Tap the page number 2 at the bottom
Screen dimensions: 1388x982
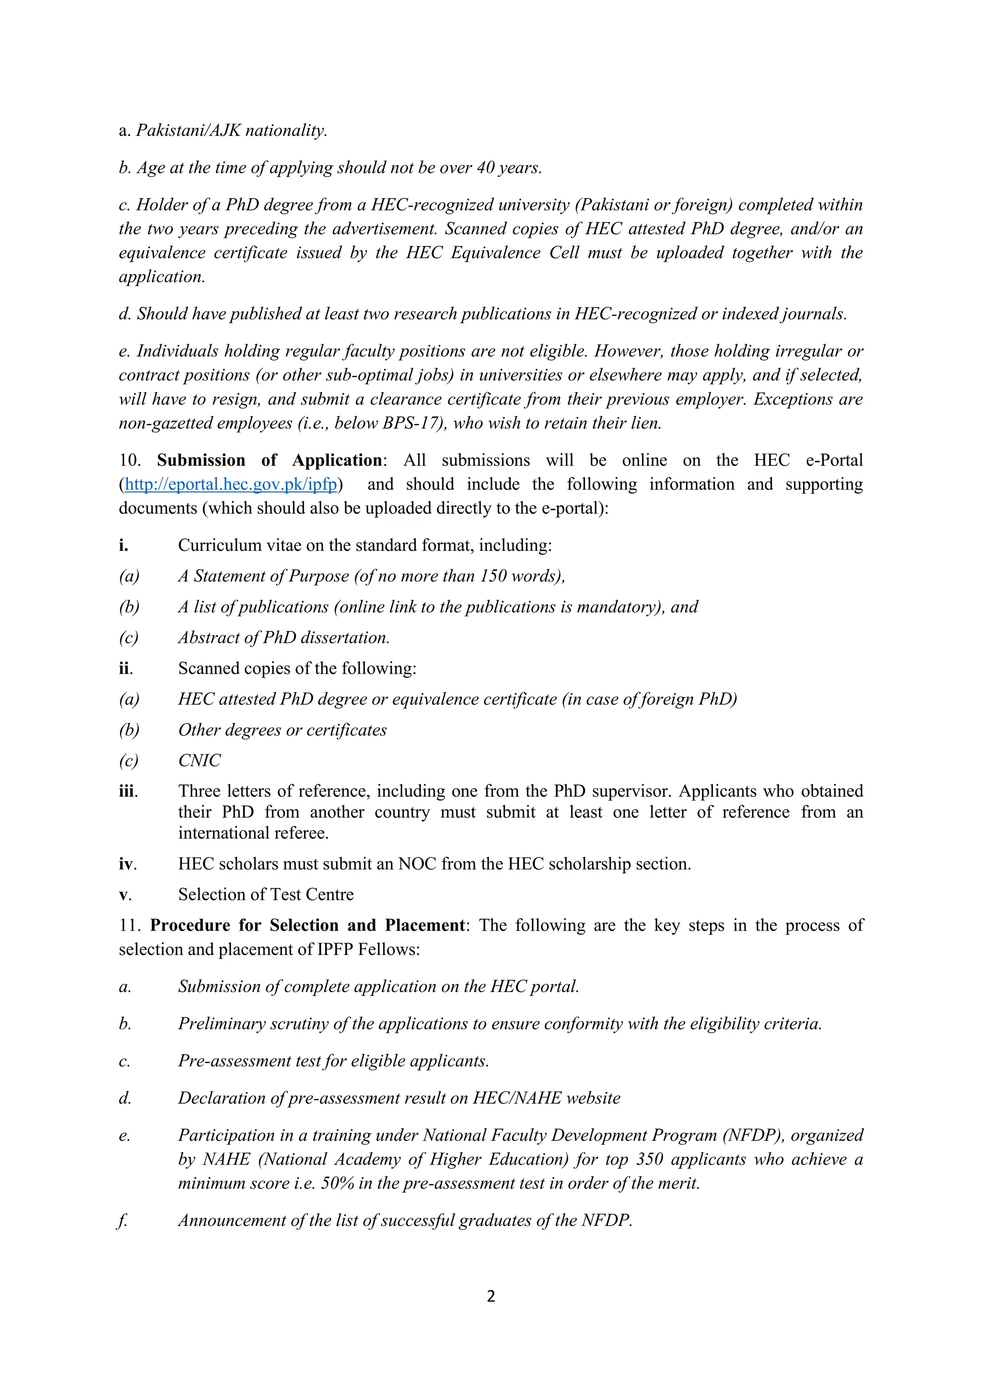[x=491, y=1295]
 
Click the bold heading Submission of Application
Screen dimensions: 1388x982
[x=269, y=461]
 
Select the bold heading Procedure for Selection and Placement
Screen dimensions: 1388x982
[x=307, y=925]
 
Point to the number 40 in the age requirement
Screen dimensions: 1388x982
[x=486, y=167]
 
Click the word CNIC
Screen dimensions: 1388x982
[x=199, y=760]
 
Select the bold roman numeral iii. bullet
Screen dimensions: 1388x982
[x=128, y=792]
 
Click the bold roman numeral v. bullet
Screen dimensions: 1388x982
[x=125, y=895]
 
